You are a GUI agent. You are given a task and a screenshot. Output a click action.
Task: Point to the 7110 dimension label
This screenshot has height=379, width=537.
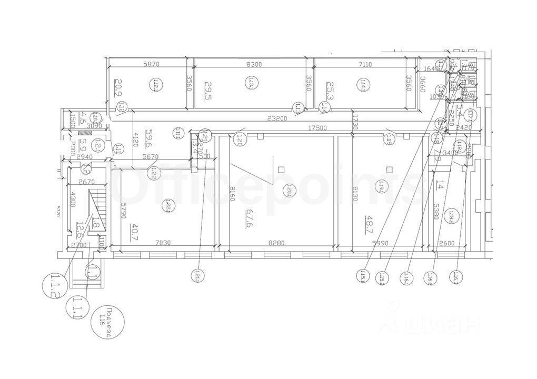(364, 64)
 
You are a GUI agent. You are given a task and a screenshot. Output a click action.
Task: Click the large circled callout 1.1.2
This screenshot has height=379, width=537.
(54, 284)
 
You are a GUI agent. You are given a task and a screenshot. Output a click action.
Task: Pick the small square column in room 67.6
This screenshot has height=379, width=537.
(281, 169)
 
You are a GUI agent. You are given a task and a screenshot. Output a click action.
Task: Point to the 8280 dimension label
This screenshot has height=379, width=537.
(276, 243)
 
